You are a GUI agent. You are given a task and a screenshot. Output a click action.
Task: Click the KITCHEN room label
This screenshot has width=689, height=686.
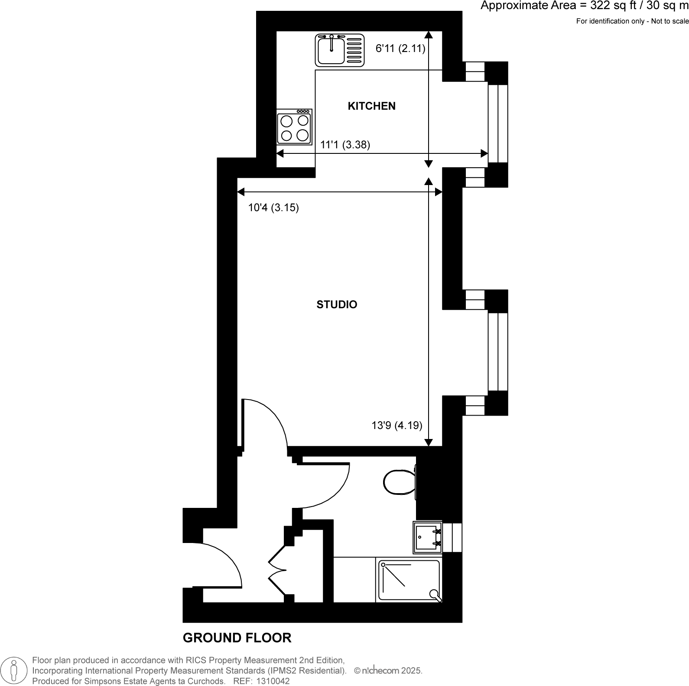pyautogui.click(x=371, y=106)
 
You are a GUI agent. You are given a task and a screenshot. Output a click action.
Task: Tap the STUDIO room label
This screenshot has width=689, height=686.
pyautogui.click(x=337, y=305)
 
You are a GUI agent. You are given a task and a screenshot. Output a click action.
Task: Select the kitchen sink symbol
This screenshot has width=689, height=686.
pyautogui.click(x=339, y=50)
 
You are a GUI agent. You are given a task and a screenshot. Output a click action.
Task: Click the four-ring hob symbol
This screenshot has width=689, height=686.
pyautogui.click(x=294, y=127)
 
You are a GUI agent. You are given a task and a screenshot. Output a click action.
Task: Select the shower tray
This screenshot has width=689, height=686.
pyautogui.click(x=409, y=580)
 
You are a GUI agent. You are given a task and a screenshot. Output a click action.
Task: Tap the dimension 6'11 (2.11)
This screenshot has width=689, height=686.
pyautogui.click(x=400, y=49)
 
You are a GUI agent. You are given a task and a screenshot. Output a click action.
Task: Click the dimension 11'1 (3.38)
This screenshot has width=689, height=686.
pyautogui.click(x=345, y=145)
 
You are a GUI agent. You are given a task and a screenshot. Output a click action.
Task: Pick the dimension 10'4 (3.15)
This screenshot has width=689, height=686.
pyautogui.click(x=273, y=208)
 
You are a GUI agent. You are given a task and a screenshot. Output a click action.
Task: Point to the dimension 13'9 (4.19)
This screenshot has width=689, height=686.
pyautogui.click(x=397, y=426)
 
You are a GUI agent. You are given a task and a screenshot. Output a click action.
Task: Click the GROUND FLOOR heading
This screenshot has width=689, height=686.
pyautogui.click(x=237, y=638)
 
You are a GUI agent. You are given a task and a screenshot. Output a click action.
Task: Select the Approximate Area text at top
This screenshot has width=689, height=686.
pyautogui.click(x=584, y=7)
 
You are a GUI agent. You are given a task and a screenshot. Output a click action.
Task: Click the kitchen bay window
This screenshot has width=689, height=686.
pyautogui.click(x=497, y=124)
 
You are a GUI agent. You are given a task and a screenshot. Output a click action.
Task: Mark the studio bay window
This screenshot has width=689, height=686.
pyautogui.click(x=497, y=352)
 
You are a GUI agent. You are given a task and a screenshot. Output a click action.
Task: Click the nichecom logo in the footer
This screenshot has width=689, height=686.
pyautogui.click(x=380, y=671)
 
